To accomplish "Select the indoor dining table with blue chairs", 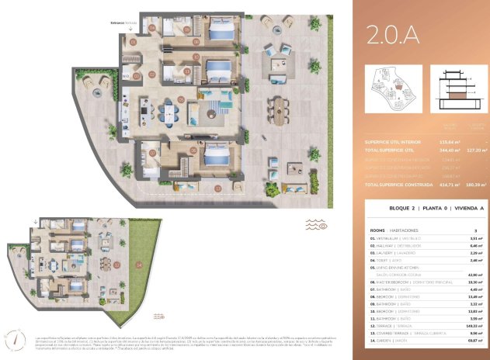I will pos(168,114).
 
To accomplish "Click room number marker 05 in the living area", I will pos(180,99).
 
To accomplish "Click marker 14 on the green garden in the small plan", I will pos(138,265).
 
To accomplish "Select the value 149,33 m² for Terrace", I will pos(468,326).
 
